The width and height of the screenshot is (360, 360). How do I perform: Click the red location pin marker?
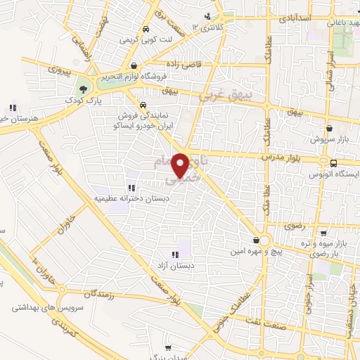point(183,165)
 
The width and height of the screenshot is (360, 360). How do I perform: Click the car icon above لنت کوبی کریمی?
point(145,30)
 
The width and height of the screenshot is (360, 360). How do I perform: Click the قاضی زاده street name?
point(203,64)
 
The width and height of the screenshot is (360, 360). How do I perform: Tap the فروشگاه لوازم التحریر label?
point(129,76)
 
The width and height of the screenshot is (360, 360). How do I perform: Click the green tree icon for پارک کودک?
point(84,89)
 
